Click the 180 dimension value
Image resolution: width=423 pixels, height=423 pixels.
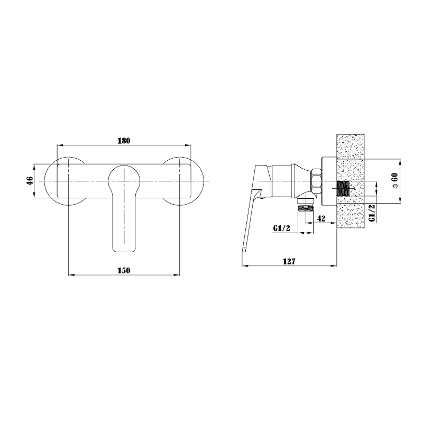tap(124, 141)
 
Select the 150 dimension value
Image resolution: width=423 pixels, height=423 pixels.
tap(124, 270)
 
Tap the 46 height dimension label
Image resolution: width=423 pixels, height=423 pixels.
tap(30, 180)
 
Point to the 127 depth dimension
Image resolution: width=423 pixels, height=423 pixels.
tap(289, 261)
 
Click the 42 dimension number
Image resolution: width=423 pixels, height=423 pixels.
tap(321, 218)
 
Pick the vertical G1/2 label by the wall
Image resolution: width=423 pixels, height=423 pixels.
tap(372, 213)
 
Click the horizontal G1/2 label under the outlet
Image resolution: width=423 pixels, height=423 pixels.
tap(282, 228)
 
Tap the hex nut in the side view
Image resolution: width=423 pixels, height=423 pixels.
tap(316, 181)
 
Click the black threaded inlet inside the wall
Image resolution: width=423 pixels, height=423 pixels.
tap(343, 188)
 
